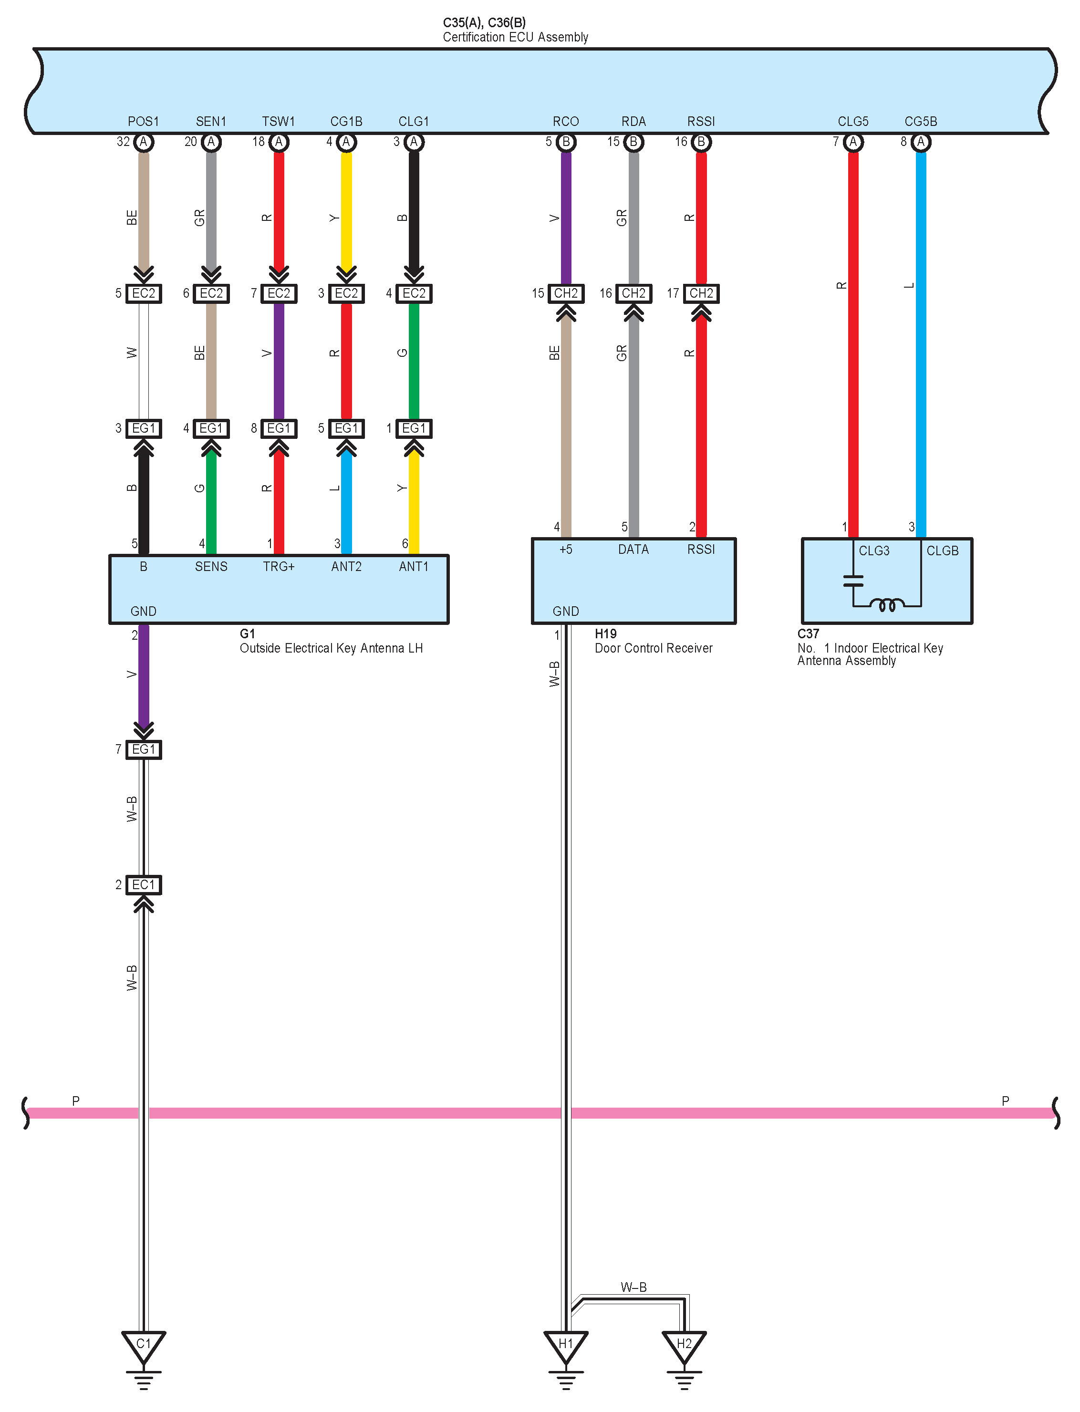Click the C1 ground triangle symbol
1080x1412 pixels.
144,1345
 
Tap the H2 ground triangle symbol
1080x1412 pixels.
684,1345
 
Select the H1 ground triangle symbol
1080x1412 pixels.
566,1345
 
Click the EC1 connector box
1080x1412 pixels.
144,885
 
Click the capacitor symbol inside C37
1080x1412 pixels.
853,581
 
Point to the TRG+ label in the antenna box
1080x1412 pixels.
279,566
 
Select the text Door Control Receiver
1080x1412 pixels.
653,648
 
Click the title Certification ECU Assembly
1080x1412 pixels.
515,37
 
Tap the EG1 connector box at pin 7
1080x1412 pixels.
144,749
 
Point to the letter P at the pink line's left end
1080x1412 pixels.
76,1101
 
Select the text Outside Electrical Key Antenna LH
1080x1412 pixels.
331,648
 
